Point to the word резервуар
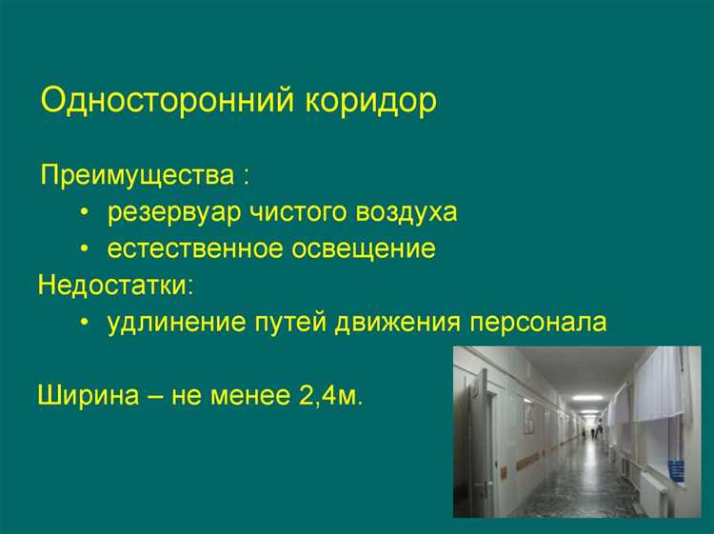pos(175,211)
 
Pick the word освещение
pos(367,249)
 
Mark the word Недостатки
pos(113,286)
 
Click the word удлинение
pos(168,323)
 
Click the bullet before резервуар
pos(86,212)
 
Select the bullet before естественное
pos(86,250)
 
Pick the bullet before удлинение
pos(86,324)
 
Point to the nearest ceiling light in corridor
pos(587,397)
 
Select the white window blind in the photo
pos(659,386)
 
